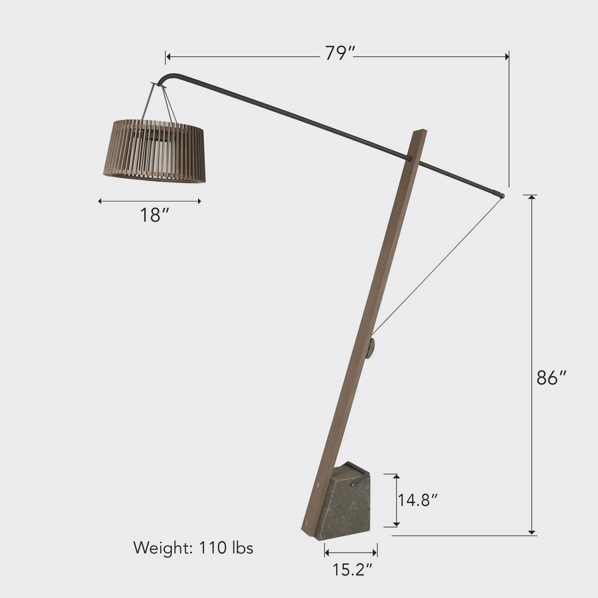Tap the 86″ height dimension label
pos(551,378)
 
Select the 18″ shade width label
pos(154,215)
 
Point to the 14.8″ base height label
pos(418,500)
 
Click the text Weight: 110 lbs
pos(193,548)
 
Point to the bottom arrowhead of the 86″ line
pos(532,532)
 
